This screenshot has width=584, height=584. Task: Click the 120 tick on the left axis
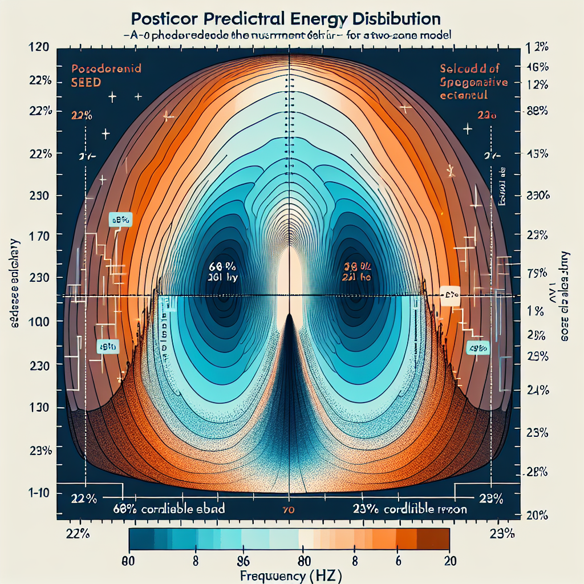click(37, 48)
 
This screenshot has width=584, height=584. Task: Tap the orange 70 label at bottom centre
click(289, 509)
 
